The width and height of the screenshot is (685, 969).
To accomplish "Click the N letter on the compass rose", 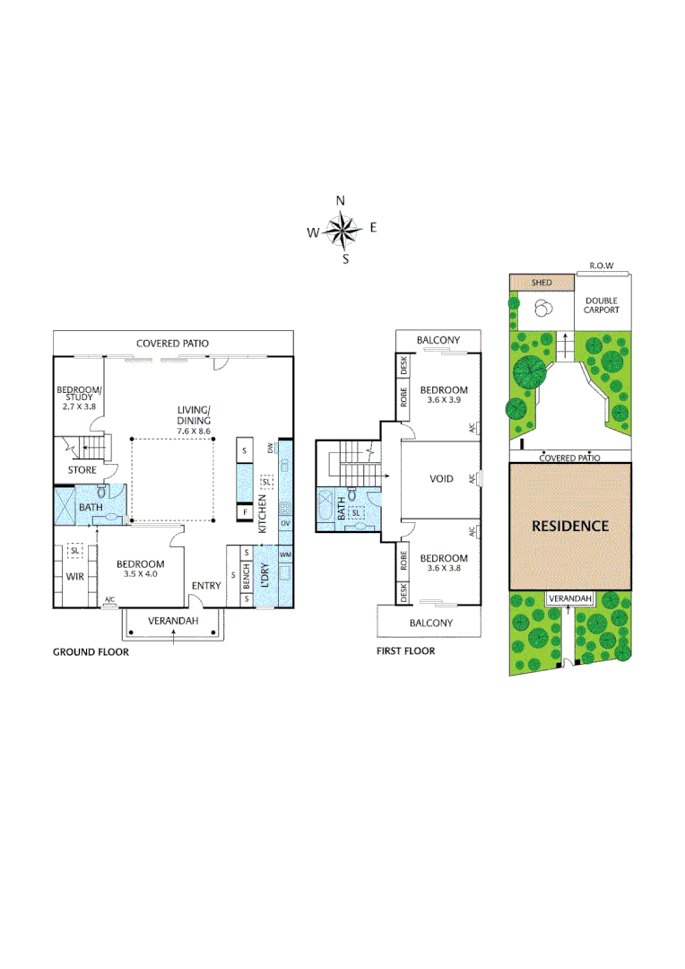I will coord(341,201).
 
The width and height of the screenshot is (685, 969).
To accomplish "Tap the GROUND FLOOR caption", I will coord(91,652).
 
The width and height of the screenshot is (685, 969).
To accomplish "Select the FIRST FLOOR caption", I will coord(405,650).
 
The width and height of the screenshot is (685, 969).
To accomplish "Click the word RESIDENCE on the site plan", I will coord(570,526).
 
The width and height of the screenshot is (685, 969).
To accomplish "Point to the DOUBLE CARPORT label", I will coord(602,306).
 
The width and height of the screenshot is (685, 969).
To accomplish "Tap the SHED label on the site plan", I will coord(542,283).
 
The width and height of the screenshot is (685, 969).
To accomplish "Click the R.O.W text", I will coord(602,266).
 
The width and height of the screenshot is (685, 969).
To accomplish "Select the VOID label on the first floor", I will coord(441,479).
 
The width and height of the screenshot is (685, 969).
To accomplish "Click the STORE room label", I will coord(82,469).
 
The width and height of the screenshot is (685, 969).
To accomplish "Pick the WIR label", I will coord(74,576).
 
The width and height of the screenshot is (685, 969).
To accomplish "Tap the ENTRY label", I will coord(206,586).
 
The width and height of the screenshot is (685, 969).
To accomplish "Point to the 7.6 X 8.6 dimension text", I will coord(194,432).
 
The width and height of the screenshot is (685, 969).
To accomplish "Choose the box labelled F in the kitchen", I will coord(243,513).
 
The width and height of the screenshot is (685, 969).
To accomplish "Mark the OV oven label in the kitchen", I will coord(285,522).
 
